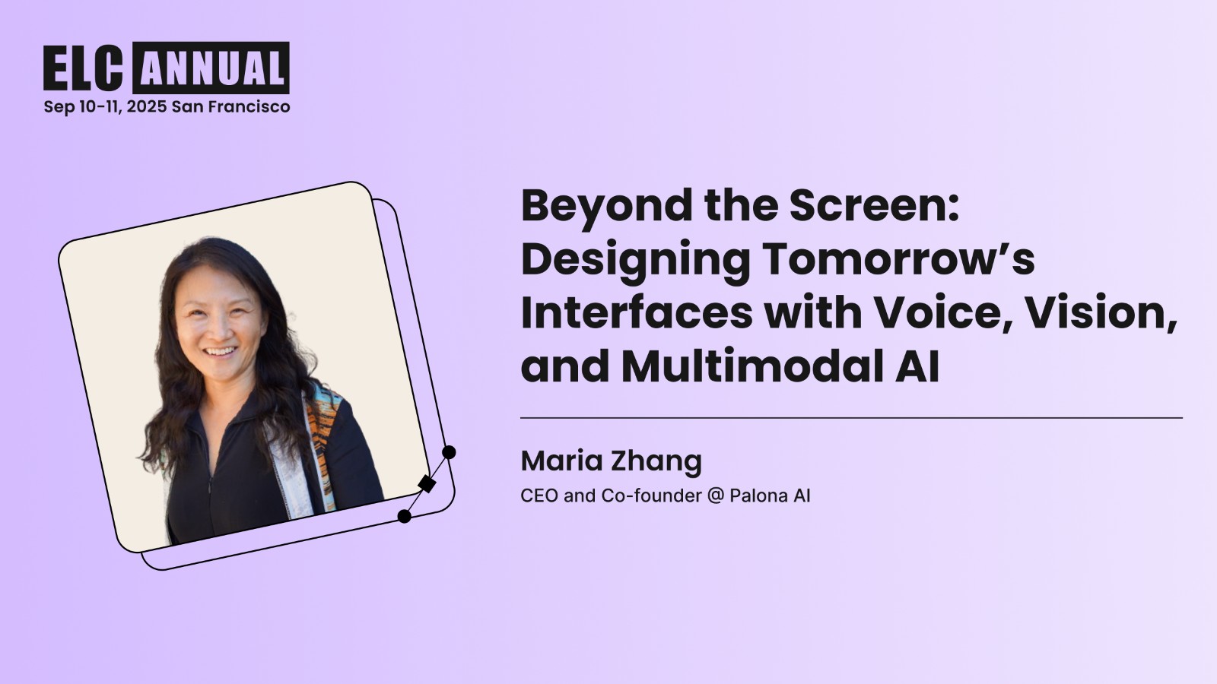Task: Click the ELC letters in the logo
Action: point(83,68)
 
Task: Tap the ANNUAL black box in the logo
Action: point(211,68)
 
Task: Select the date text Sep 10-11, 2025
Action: point(105,106)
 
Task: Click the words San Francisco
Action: point(231,106)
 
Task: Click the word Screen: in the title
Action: point(874,206)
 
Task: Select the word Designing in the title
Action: point(635,259)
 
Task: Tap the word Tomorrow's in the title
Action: point(898,259)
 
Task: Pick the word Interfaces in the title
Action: point(637,312)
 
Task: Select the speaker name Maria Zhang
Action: point(611,461)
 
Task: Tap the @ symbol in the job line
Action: point(715,496)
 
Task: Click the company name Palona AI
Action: point(770,496)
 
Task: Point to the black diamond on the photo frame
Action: point(427,483)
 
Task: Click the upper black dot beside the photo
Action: point(449,452)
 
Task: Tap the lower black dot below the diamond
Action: point(405,517)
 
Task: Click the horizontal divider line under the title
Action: point(851,418)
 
